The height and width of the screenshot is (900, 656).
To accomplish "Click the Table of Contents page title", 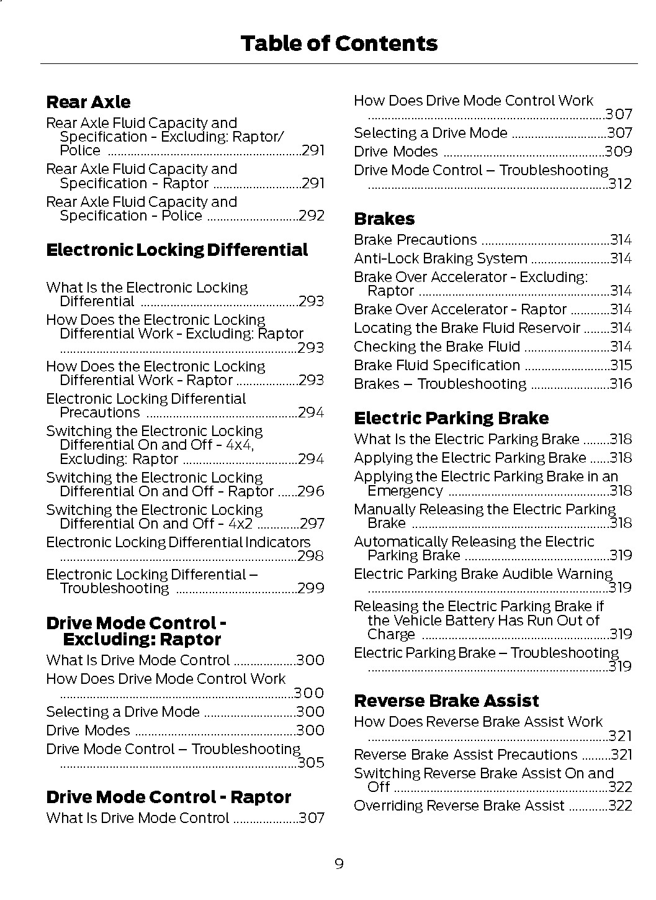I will (339, 43).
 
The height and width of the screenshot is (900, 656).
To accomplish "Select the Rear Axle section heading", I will (88, 102).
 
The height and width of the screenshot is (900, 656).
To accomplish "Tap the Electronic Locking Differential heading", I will (177, 250).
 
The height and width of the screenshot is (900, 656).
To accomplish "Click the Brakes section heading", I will (384, 219).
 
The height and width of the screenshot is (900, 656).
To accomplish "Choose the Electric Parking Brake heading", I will (451, 418).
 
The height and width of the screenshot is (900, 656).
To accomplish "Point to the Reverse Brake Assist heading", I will (446, 701).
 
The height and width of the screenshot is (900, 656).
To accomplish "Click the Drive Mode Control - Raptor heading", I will (168, 797).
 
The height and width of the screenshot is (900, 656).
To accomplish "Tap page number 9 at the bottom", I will (339, 863).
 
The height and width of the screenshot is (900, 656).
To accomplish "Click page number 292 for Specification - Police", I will (312, 216).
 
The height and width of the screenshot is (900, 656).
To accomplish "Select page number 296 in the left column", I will (311, 491).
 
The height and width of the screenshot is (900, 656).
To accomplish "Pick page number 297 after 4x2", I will (312, 524).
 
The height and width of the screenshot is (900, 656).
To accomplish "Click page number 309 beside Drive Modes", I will (619, 152).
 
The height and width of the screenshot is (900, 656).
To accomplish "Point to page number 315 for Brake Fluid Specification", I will (621, 365).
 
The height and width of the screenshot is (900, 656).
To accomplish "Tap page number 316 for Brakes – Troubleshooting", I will (621, 384).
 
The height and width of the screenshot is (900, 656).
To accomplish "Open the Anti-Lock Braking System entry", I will (441, 258).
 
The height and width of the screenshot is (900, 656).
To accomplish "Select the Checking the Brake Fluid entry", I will (437, 347).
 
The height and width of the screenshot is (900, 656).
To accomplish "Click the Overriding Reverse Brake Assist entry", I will (459, 806).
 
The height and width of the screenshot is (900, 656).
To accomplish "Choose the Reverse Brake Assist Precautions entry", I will (465, 755).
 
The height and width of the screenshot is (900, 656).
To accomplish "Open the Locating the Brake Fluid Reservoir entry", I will (467, 328).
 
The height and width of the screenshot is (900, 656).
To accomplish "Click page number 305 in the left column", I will (311, 763).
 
